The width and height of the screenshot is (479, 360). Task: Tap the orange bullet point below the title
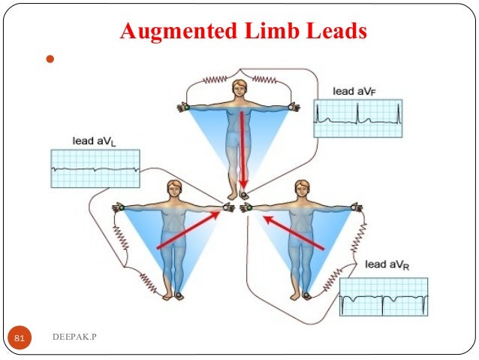click(51, 59)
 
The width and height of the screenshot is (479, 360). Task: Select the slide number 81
click(20, 340)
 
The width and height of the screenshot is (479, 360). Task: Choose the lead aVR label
click(387, 265)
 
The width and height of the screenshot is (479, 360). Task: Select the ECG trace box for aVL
click(95, 168)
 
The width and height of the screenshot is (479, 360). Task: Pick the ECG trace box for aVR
click(383, 297)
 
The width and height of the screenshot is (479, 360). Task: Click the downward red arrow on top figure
click(243, 150)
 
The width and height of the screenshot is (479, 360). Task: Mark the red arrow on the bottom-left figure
click(188, 229)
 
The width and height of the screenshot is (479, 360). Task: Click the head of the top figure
click(239, 87)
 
